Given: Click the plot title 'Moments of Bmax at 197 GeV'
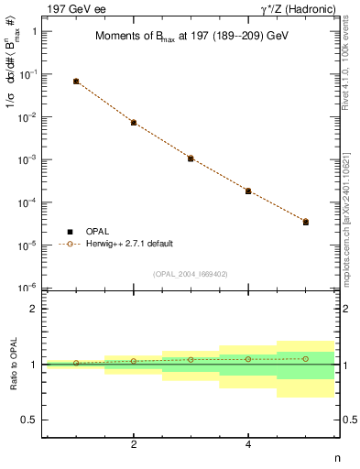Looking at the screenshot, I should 191,38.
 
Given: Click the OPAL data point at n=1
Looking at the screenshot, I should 76,82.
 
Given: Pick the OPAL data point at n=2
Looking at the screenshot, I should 134,122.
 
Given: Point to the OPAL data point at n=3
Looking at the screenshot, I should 191,158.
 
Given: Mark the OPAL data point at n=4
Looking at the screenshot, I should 248,191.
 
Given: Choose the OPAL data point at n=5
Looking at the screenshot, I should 306,222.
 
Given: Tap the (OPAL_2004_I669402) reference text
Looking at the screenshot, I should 191,273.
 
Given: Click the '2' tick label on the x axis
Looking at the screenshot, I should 134,444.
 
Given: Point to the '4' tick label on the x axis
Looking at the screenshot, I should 248,444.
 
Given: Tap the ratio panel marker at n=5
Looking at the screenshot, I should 306,358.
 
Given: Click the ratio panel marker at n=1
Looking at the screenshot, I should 76,363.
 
